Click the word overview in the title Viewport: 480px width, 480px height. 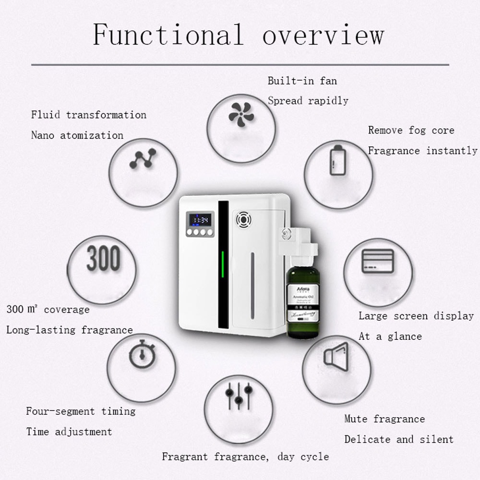click(323, 36)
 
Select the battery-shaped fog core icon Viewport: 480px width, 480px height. click(338, 160)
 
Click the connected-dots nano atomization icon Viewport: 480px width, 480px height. click(143, 159)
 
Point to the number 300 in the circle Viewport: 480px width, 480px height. click(103, 259)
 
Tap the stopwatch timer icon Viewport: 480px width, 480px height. click(142, 355)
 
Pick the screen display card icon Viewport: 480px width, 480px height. click(377, 261)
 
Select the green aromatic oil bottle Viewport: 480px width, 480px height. click(303, 300)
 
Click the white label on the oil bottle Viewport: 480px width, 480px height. click(303, 300)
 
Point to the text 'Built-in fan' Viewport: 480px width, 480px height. click(302, 81)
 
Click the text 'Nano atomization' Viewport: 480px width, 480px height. click(77, 135)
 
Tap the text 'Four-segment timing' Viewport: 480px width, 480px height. click(81, 411)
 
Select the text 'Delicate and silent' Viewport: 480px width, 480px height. click(398, 439)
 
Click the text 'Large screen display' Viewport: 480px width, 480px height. click(416, 316)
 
